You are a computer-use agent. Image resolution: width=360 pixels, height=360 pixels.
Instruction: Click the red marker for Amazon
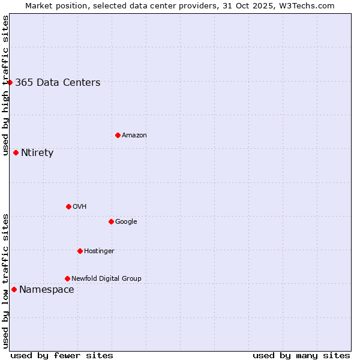[x=118, y=135]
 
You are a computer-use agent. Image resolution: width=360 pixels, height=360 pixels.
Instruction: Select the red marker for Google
[x=111, y=221]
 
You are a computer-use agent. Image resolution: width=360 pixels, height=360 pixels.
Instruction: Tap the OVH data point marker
[x=68, y=206]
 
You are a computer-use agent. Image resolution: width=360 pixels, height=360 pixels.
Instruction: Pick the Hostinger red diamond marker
[x=80, y=251]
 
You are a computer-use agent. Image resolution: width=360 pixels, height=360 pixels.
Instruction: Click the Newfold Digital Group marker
[x=67, y=278]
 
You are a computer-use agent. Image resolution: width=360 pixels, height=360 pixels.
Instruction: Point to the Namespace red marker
[x=14, y=289]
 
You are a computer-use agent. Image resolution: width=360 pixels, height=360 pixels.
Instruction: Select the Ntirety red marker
[x=16, y=152]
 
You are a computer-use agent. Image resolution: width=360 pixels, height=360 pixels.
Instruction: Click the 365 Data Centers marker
[x=10, y=82]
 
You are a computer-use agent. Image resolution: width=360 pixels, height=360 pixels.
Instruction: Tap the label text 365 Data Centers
[x=58, y=83]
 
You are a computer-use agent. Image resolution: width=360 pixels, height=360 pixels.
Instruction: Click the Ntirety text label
[x=37, y=153]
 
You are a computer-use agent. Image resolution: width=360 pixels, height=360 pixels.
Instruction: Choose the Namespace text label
[x=47, y=290]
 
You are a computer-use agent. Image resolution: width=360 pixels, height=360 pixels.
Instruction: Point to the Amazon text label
[x=134, y=136]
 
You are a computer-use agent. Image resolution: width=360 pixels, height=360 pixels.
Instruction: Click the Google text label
[x=126, y=222]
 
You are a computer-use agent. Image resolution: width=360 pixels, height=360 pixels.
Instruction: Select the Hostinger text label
[x=99, y=251]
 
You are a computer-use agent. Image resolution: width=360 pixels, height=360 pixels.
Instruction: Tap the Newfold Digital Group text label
[x=106, y=278]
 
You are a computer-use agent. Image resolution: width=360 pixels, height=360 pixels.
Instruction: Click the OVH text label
[x=80, y=207]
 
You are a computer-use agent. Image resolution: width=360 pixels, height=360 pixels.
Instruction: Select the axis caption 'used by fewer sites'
[x=62, y=355]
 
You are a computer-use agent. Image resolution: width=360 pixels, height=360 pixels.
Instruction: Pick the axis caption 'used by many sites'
[x=301, y=355]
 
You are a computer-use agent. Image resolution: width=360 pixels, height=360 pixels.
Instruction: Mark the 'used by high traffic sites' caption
[x=5, y=85]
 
